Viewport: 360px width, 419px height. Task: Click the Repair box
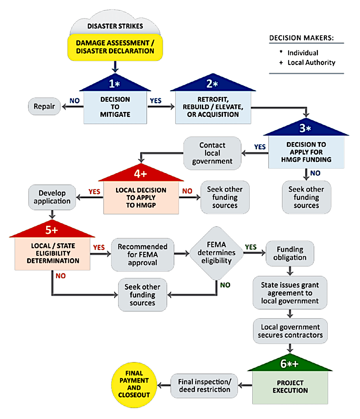44,106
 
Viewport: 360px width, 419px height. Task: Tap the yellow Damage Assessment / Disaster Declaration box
115,47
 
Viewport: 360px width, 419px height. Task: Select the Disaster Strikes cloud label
115,26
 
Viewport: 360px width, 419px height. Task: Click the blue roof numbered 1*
115,83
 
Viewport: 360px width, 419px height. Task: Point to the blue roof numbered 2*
213,83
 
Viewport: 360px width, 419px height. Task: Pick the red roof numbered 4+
141,173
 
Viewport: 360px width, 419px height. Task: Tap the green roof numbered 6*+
290,362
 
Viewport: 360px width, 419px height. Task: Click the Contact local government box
212,153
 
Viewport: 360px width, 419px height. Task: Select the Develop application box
52,197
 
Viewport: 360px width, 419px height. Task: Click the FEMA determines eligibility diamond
216,253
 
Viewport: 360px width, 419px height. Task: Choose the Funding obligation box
290,253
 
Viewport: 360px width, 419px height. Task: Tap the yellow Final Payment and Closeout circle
134,385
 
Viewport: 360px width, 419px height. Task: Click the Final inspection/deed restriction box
204,386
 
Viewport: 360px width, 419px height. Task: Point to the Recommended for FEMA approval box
142,255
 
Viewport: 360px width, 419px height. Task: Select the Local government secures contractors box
290,331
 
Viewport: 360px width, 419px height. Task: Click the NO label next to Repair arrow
74,101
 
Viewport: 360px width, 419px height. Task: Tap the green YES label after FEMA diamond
251,247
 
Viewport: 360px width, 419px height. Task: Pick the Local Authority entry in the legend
311,62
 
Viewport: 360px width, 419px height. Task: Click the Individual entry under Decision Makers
303,53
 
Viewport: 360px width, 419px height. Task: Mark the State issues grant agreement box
290,293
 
